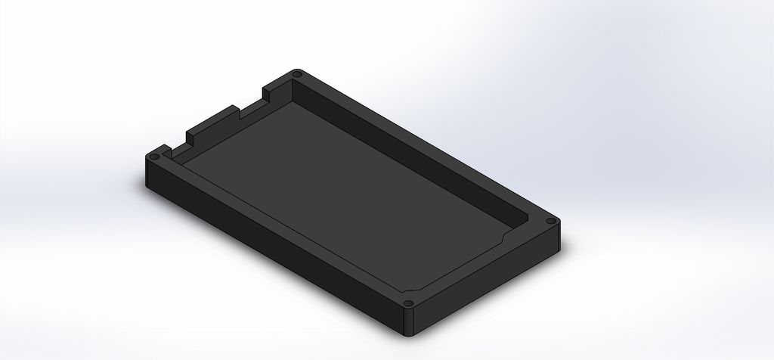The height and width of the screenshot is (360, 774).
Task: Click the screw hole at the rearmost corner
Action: pyautogui.click(x=296, y=75)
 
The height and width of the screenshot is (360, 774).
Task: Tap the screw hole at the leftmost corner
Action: pyautogui.click(x=155, y=157)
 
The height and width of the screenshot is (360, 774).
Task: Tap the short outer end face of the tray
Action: pyautogui.click(x=491, y=284)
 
